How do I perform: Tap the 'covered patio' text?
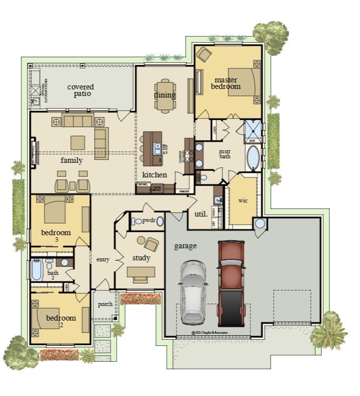80,90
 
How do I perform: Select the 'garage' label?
185,246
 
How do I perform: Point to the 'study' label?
141,258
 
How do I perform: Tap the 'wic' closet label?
243,201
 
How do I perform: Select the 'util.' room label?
200,214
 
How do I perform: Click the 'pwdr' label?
148,221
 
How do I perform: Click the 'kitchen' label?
154,175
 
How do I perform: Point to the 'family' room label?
71,160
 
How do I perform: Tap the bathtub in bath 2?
37,270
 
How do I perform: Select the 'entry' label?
103,260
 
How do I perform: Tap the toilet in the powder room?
138,221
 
